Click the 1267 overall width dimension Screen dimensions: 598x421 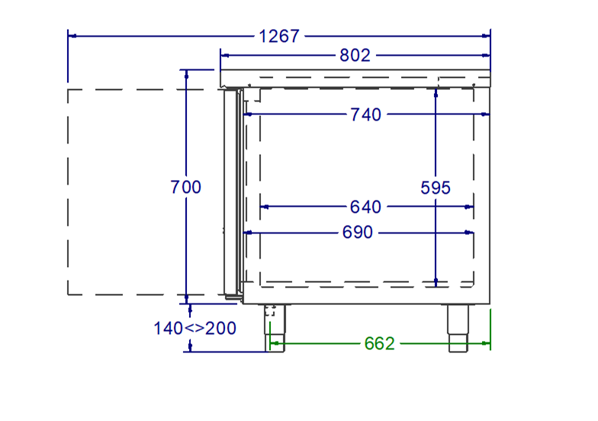tap(279, 37)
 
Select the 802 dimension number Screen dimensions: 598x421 tap(355, 55)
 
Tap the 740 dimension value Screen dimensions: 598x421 tap(365, 114)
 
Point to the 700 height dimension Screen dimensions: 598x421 tap(185, 187)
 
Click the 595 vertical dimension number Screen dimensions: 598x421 tap(435, 188)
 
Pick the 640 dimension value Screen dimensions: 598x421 tap(365, 207)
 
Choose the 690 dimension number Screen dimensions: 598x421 tap(357, 232)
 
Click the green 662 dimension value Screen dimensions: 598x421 tap(379, 343)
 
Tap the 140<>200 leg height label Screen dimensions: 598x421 tap(195, 328)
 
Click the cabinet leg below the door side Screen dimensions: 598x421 tap(275, 328)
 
